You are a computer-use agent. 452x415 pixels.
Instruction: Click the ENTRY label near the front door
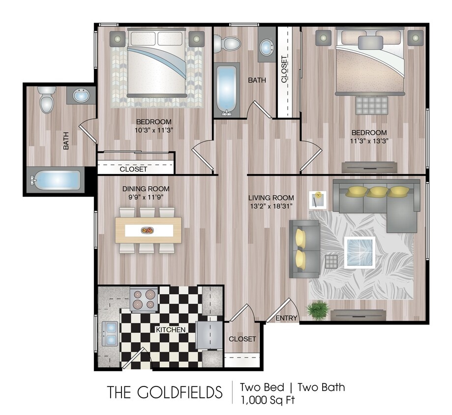pos(286,318)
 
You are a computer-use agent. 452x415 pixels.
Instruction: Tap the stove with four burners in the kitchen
pos(144,299)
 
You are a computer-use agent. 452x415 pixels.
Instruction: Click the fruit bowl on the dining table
pos(147,230)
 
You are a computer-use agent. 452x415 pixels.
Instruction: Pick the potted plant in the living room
pos(318,310)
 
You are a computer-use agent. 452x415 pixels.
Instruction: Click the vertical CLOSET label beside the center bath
pos(284,69)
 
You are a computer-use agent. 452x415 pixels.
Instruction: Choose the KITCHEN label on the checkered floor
pos(171,329)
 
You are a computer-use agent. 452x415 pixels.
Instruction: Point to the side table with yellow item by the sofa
pos(317,200)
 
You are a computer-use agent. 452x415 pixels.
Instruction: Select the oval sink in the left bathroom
pos(82,95)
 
